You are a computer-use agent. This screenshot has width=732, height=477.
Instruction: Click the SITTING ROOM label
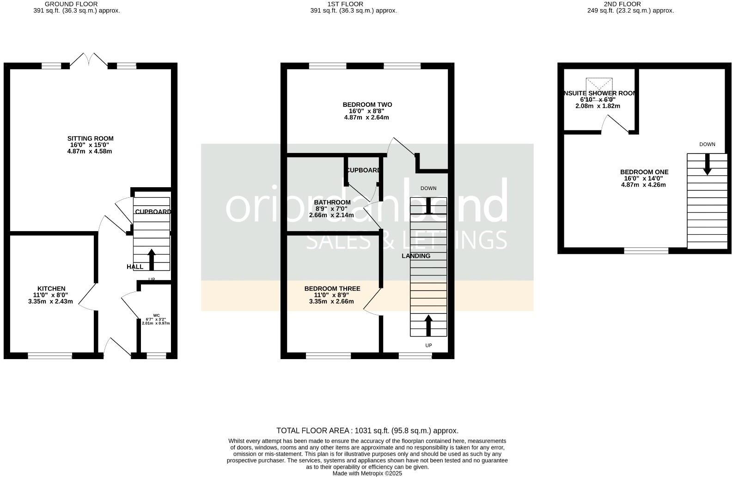tap(90, 139)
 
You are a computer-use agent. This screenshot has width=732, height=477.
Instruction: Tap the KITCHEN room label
tap(51, 289)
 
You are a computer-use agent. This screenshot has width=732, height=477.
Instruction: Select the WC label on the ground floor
tap(156, 315)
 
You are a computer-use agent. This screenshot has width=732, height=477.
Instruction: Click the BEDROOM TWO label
tap(367, 105)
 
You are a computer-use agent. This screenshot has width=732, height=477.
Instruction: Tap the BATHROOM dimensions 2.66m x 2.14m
tap(331, 215)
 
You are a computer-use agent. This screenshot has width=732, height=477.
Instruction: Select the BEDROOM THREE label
tap(332, 289)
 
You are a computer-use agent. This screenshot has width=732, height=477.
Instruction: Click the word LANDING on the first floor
tap(415, 256)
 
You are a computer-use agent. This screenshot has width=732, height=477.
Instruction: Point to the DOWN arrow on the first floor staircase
tap(428, 205)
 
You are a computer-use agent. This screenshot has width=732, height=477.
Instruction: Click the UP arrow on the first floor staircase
tap(428, 325)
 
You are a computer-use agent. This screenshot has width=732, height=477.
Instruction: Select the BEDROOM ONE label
tap(644, 172)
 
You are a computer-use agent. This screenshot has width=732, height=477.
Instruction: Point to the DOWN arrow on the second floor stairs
tap(707, 165)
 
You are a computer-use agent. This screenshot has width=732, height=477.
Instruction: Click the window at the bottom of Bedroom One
tap(646, 251)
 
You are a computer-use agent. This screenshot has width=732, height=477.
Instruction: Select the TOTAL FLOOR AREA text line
tap(367, 431)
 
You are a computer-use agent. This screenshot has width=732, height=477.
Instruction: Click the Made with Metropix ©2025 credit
tap(367, 473)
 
